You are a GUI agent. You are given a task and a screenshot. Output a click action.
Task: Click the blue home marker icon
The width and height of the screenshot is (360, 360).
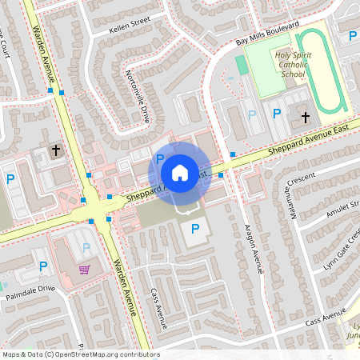coord(180,172)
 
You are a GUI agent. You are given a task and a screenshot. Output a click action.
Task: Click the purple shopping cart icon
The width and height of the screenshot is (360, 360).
coord(85,269)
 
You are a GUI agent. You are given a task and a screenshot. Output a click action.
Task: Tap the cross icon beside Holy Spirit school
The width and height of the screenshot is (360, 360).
coord(305,118)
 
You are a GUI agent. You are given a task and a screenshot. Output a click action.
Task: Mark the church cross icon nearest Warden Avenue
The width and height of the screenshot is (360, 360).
coord(56,150)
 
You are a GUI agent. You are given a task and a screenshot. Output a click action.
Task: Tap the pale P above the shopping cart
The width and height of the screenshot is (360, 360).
coord(86,248)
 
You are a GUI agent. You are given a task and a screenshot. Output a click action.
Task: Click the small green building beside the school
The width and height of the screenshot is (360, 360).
coord(242,64)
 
